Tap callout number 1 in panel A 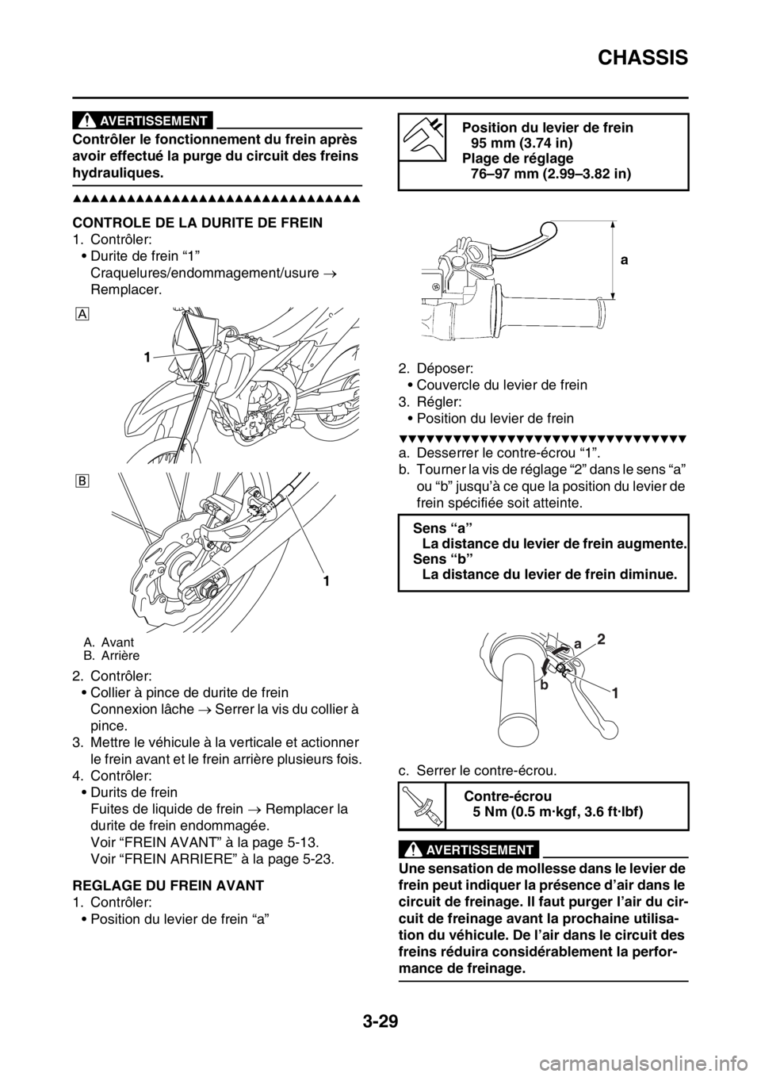pyautogui.click(x=147, y=358)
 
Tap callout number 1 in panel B pyautogui.click(x=324, y=581)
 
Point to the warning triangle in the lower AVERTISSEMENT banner pyautogui.click(x=412, y=850)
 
